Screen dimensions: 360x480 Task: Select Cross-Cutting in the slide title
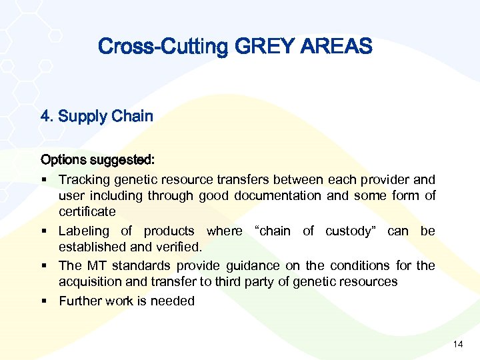[x=163, y=47]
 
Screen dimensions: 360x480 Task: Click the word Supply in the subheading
[x=82, y=117]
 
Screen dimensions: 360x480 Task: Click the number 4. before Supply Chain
[x=47, y=117]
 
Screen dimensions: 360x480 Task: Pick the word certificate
[x=87, y=212]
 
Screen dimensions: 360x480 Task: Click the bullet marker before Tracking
[x=44, y=180]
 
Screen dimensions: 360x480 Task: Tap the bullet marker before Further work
[x=44, y=301]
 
